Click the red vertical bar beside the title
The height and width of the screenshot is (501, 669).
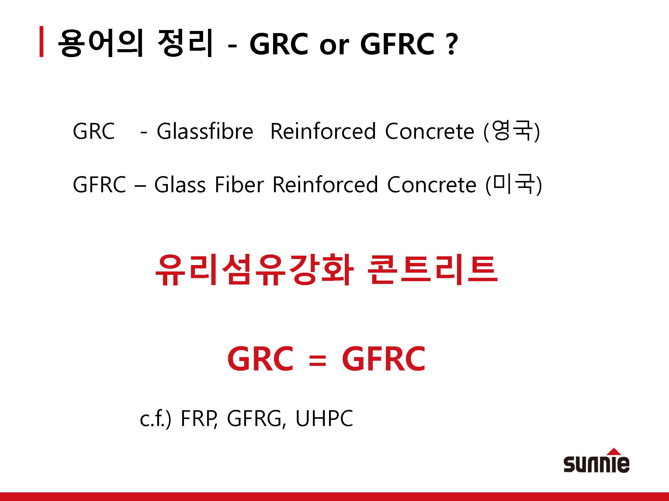point(41,42)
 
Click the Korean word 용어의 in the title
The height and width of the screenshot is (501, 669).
point(100,43)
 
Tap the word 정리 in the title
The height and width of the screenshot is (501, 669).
point(185,43)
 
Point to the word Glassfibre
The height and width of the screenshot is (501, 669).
point(205,131)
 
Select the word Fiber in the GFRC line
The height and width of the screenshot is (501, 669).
point(239,185)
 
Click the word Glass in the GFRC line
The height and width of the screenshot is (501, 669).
point(180,185)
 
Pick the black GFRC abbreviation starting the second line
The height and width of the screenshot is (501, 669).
point(99,185)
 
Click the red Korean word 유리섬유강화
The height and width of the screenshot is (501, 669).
point(254,270)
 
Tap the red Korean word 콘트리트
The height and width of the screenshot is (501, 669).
point(432,270)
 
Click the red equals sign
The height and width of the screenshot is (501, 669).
point(317,361)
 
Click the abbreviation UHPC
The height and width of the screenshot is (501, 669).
point(324,418)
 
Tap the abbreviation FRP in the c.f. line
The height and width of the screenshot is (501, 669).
point(199,418)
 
